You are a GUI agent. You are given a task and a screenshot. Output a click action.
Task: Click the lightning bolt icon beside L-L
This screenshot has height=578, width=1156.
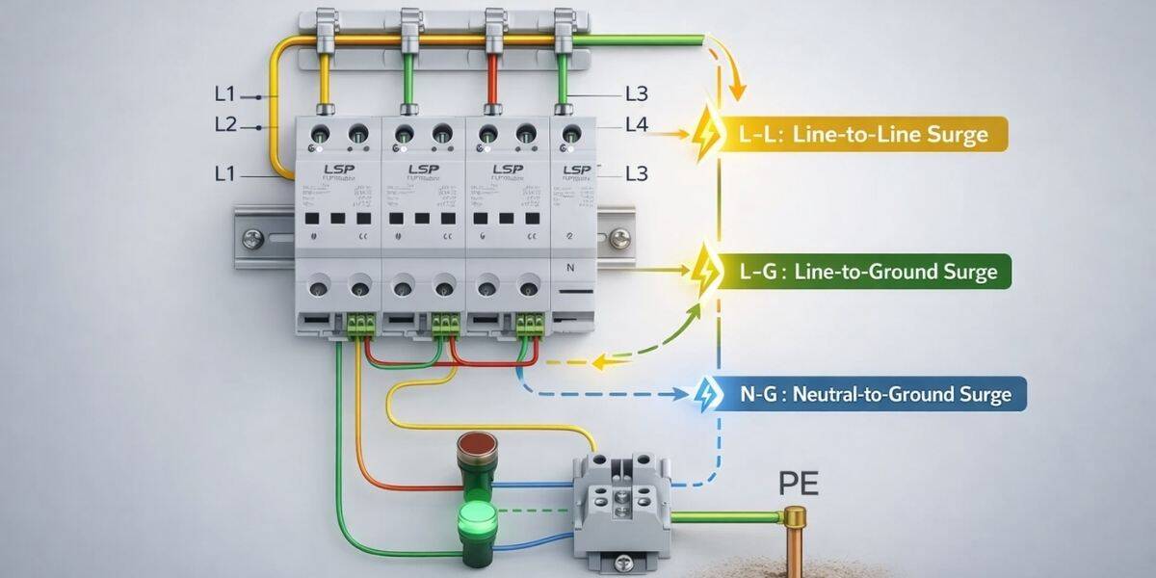click(x=706, y=135)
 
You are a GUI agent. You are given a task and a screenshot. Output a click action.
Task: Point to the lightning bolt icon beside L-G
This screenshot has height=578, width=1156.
click(x=706, y=266)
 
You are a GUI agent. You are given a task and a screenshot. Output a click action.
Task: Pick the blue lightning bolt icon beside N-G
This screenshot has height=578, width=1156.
click(x=706, y=394)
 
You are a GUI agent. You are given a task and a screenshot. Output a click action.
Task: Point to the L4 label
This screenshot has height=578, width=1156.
click(x=636, y=123)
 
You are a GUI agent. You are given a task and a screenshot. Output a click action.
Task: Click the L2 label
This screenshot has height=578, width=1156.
click(x=225, y=125)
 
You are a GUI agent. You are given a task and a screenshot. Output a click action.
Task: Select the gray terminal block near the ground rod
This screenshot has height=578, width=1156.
click(x=619, y=505)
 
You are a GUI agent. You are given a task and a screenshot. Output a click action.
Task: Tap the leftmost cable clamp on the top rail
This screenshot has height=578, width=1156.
click(x=326, y=29)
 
